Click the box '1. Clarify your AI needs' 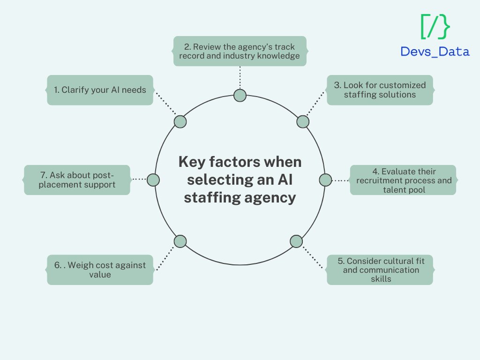[x=100, y=90]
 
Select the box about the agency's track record [x=240, y=51]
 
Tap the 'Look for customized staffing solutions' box [x=380, y=90]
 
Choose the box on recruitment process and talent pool [x=403, y=180]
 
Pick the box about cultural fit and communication [x=380, y=270]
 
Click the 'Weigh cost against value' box [x=100, y=270]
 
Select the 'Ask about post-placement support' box [x=77, y=180]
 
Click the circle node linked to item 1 [x=180, y=122]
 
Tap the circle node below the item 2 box [x=240, y=96]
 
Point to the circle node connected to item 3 [x=303, y=122]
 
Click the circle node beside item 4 [x=325, y=180]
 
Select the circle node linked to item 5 [x=296, y=241]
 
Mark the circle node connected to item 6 [x=180, y=241]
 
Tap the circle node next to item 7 [x=153, y=180]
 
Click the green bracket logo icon [x=435, y=27]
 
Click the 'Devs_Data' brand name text [x=435, y=52]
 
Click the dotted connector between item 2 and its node [x=240, y=78]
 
